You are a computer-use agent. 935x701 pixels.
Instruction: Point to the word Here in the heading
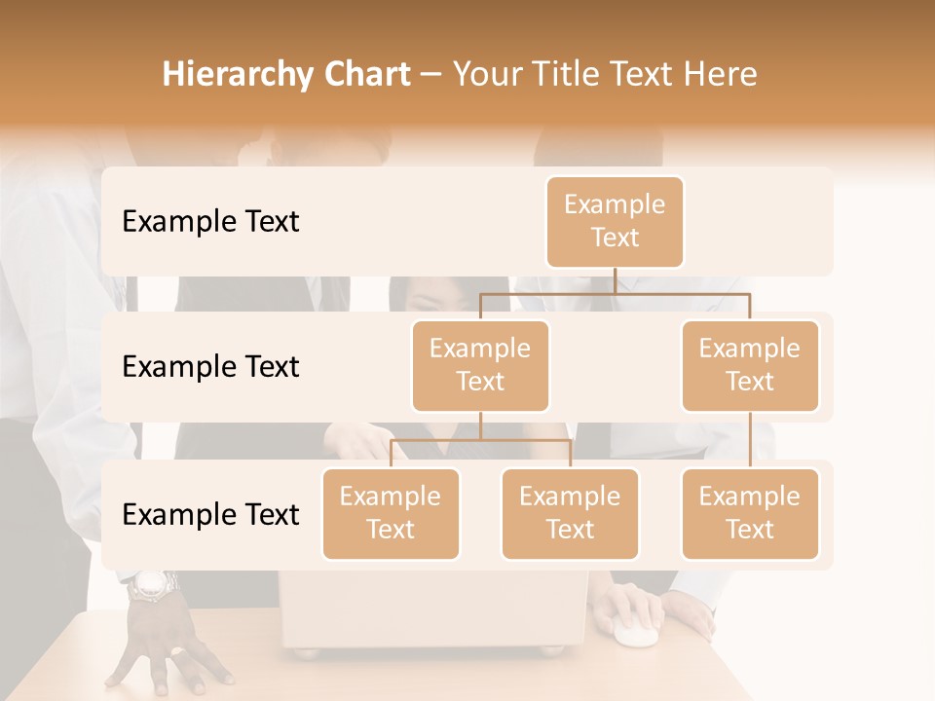(x=721, y=75)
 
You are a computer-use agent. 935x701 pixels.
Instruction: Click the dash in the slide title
(x=431, y=75)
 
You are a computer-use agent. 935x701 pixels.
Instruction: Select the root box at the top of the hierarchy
(x=615, y=221)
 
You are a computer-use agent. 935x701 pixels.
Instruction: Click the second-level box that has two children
(x=480, y=365)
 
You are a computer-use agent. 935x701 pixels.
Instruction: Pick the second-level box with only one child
(x=750, y=365)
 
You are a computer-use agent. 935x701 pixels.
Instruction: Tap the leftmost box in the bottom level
(x=391, y=513)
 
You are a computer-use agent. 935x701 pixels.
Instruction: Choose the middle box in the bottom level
(x=570, y=513)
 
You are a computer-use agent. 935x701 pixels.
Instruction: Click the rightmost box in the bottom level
(x=750, y=513)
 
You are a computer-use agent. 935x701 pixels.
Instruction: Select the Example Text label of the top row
(x=210, y=222)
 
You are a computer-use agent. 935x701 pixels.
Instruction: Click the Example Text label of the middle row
(x=210, y=367)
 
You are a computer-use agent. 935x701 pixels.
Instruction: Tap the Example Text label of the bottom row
(x=210, y=514)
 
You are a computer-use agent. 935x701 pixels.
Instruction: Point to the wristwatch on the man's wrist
(x=153, y=584)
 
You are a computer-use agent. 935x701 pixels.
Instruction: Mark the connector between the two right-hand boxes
(x=750, y=439)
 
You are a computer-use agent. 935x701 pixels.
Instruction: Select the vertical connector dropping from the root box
(x=615, y=279)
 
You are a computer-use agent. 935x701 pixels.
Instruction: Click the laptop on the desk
(x=433, y=613)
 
